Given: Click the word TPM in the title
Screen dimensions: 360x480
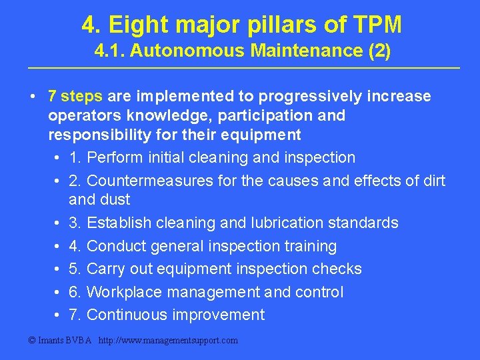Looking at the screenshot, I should point(378,25).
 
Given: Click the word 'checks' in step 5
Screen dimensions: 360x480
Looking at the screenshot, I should point(339,269).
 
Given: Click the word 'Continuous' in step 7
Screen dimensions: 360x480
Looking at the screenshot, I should point(127,315).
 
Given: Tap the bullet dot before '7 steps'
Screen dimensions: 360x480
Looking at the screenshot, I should point(33,97).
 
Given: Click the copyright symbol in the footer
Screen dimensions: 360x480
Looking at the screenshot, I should point(31,341).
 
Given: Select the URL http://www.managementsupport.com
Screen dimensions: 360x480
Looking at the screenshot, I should point(168,341).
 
